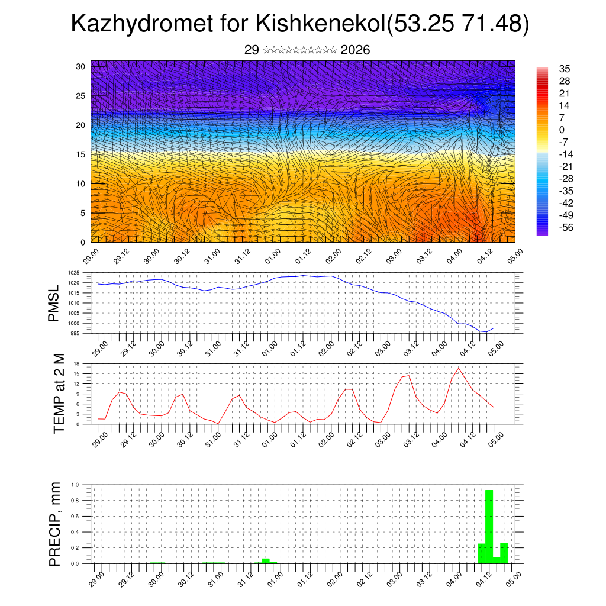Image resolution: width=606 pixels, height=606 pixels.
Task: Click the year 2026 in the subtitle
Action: [x=355, y=50]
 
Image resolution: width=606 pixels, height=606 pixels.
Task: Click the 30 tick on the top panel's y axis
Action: [x=81, y=66]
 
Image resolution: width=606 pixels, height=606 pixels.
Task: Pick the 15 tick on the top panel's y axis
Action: [x=81, y=154]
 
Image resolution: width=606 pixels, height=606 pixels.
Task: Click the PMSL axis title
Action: [x=55, y=302]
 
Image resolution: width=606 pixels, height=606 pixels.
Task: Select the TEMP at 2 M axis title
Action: [x=58, y=394]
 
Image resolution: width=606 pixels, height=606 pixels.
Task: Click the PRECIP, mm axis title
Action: [x=55, y=524]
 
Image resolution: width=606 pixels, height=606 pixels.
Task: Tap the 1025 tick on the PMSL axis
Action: [x=73, y=273]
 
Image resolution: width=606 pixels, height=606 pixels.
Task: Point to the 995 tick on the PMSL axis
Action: [x=75, y=333]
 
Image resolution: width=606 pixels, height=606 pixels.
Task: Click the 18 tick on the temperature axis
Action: [x=76, y=363]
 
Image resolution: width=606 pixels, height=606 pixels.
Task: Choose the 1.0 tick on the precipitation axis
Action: [x=75, y=485]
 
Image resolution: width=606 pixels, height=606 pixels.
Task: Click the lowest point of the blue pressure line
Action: [x=486, y=332]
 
